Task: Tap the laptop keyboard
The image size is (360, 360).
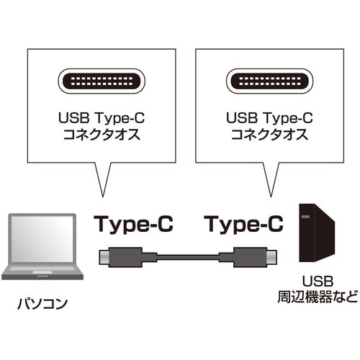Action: [42, 271]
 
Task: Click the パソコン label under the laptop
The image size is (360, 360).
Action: [43, 304]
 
